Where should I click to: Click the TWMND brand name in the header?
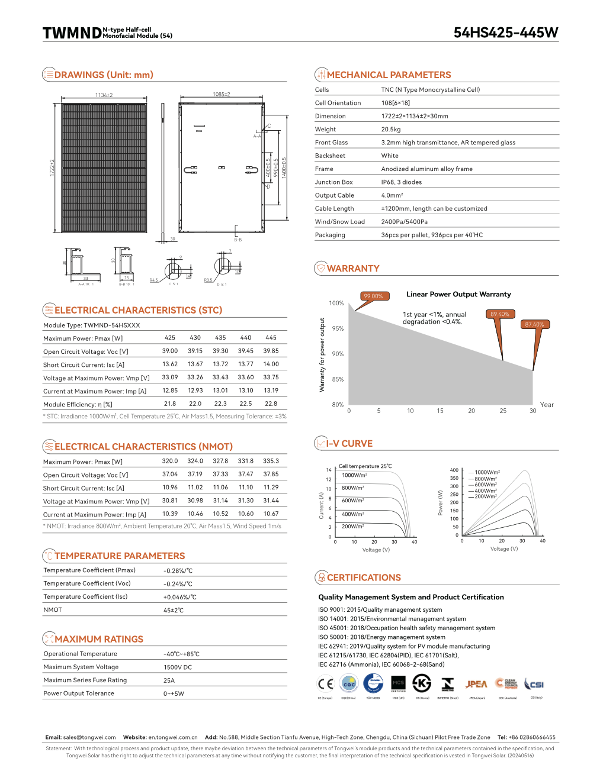[x=72, y=33]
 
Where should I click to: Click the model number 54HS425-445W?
[x=505, y=33]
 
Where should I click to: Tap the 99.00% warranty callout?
[x=373, y=296]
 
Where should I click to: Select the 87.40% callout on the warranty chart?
[x=534, y=324]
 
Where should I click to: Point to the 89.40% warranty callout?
[x=499, y=314]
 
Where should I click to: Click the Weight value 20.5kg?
[x=391, y=129]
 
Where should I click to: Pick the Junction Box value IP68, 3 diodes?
[x=402, y=182]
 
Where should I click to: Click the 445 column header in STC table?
[x=271, y=337]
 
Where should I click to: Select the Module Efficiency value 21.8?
[x=170, y=404]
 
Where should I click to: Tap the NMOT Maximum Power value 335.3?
[x=271, y=461]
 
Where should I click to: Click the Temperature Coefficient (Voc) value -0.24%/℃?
[x=178, y=584]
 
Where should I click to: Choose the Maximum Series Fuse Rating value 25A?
[x=169, y=680]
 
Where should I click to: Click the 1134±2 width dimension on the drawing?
[x=104, y=95]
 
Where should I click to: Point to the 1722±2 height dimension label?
[x=52, y=167]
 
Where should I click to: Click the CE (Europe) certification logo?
[x=325, y=684]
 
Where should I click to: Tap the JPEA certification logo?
[x=476, y=684]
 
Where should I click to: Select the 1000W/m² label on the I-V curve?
[x=354, y=475]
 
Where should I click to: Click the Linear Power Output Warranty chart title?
[x=458, y=294]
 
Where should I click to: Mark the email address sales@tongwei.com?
[x=89, y=737]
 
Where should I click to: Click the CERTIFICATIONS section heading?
[x=364, y=577]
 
